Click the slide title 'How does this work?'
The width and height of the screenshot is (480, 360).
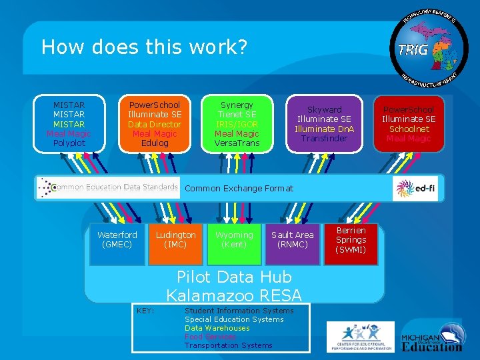(x=144, y=47)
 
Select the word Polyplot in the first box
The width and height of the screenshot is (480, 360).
(x=69, y=143)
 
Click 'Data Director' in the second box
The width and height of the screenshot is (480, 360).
(x=155, y=125)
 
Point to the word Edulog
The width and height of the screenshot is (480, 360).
(x=155, y=143)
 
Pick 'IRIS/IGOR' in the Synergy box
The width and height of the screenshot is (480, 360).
(x=237, y=125)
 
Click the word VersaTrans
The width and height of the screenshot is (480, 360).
(x=237, y=143)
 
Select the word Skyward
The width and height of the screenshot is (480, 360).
(x=325, y=109)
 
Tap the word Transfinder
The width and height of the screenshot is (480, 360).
(x=325, y=138)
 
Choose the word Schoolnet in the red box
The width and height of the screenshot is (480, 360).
(x=408, y=129)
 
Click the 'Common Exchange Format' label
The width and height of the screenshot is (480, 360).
(x=239, y=189)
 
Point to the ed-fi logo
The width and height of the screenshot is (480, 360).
(x=415, y=189)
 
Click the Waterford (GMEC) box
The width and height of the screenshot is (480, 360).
(x=117, y=243)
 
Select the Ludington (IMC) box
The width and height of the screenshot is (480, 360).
(x=175, y=243)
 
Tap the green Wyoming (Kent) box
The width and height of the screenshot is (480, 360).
(x=234, y=243)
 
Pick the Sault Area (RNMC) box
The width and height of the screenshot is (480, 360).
(x=292, y=243)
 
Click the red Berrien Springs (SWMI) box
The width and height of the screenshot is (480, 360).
(x=351, y=241)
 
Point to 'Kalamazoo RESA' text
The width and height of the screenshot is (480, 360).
(x=234, y=295)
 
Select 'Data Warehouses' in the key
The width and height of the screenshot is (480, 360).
(x=217, y=328)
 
